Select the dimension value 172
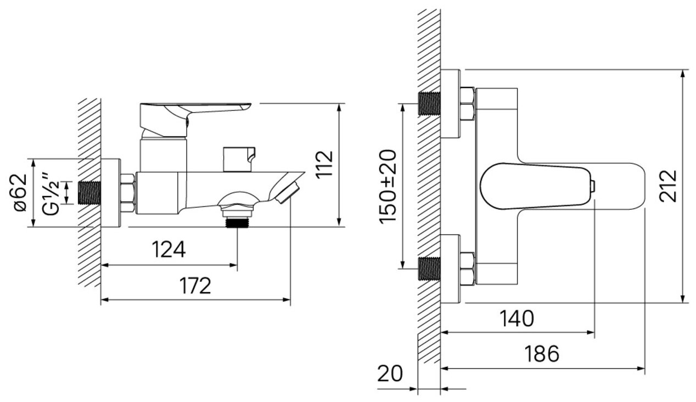point(195,286)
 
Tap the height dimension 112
point(325,164)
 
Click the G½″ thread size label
point(51,192)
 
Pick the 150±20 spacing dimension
point(388,186)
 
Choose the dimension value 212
point(668,186)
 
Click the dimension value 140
point(517,319)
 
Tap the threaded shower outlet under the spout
point(237,222)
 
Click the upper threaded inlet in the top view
point(430,103)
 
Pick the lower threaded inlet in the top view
point(430,269)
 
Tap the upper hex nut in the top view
point(467,103)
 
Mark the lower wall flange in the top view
point(450,269)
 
